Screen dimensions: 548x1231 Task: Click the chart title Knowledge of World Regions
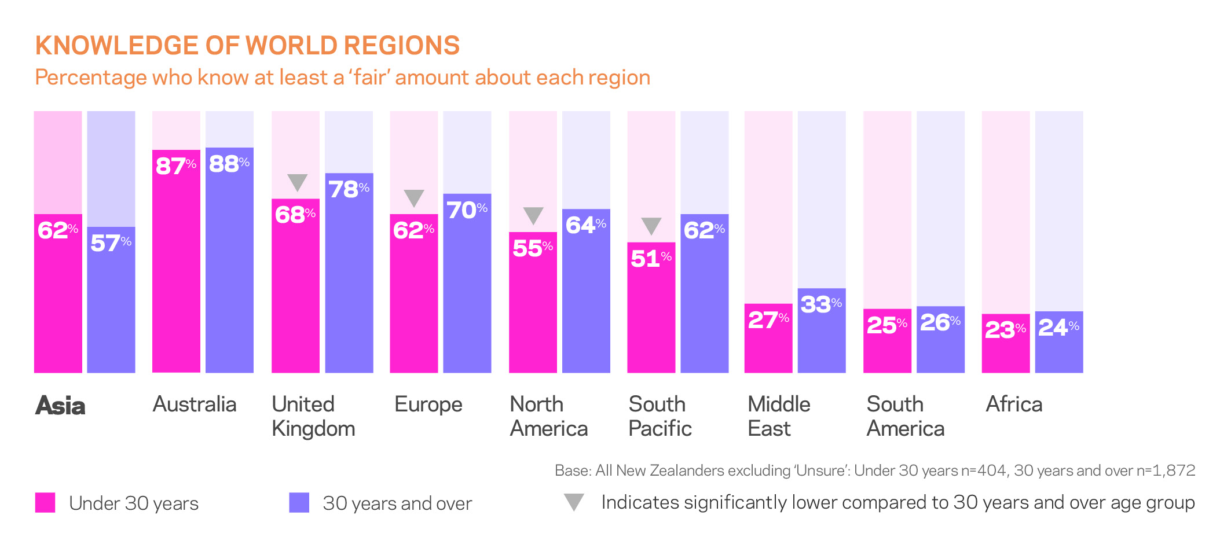pyautogui.click(x=247, y=46)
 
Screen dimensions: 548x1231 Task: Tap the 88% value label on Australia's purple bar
pyautogui.click(x=229, y=164)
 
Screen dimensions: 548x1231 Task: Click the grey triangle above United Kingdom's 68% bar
pyautogui.click(x=297, y=182)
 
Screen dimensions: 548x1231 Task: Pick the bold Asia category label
pyautogui.click(x=60, y=406)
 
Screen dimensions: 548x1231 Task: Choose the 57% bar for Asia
pyautogui.click(x=111, y=307)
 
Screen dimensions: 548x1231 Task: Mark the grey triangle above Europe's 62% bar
pyautogui.click(x=414, y=197)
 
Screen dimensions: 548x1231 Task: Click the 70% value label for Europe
pyautogui.click(x=467, y=209)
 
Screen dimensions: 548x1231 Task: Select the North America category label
pyautogui.click(x=548, y=416)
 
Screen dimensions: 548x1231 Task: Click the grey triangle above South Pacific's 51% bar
pyautogui.click(x=651, y=225)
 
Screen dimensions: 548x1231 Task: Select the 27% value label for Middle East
pyautogui.click(x=768, y=319)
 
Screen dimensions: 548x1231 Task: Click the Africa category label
pyautogui.click(x=1014, y=404)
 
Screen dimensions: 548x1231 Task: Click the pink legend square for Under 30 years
pyautogui.click(x=45, y=502)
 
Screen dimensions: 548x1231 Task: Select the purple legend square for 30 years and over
pyautogui.click(x=299, y=502)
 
